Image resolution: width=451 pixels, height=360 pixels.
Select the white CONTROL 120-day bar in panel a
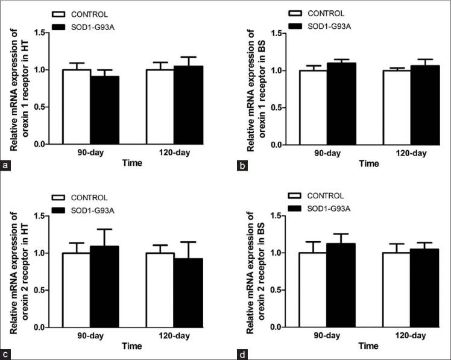coord(160,107)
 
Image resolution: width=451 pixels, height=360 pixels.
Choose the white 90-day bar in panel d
coord(312,290)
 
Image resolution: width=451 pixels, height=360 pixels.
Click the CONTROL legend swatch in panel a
coord(58,13)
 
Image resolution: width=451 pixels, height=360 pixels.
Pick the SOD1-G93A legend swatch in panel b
coord(296,25)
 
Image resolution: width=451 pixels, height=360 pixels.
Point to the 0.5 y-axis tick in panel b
coord(276,108)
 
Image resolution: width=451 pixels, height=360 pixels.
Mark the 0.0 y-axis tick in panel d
coord(276,328)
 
